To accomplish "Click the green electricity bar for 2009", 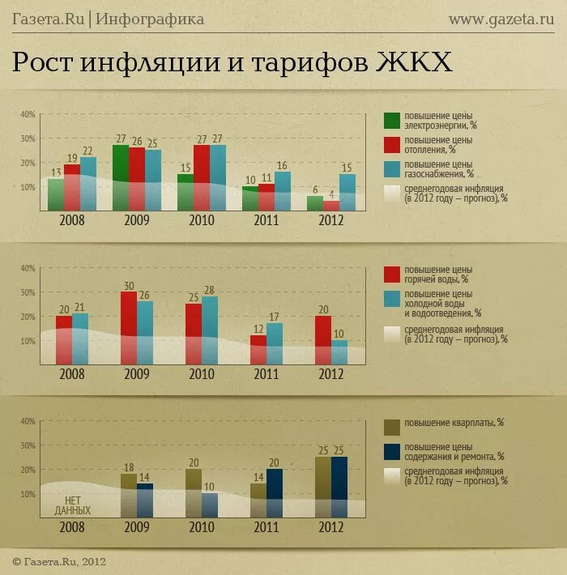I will tap(121, 177).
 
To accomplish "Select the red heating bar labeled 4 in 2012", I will tap(331, 206).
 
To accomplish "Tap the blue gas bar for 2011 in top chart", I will tap(283, 192).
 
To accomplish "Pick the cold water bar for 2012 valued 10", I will tap(339, 352).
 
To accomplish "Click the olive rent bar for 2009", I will tap(129, 496).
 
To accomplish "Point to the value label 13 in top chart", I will tap(56, 172).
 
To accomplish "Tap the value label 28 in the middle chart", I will tap(209, 290).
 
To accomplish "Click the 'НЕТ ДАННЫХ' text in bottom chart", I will tap(72, 506).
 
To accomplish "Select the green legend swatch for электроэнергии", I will tap(392, 120).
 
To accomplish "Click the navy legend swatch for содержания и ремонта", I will tap(392, 452).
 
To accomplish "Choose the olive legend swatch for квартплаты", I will tap(392, 427).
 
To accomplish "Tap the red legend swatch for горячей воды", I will tap(392, 274).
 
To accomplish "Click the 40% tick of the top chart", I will tap(28, 115).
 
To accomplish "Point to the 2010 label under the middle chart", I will tap(202, 375).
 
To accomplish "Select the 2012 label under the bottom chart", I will tap(330, 528).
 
